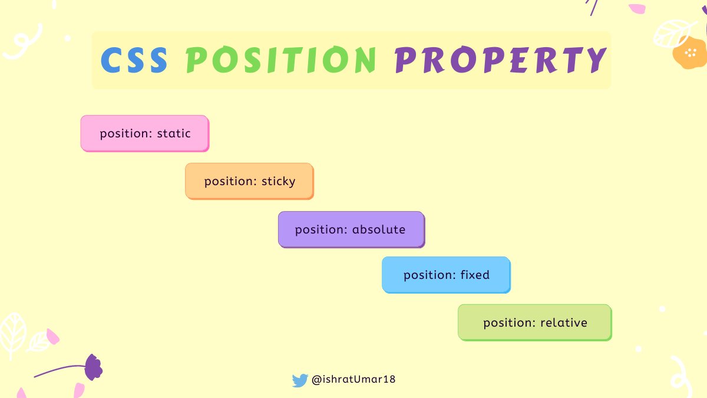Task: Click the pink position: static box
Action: [x=144, y=133]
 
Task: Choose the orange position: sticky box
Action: [x=249, y=181]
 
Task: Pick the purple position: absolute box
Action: [x=351, y=229]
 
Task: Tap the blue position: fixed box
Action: [x=446, y=275]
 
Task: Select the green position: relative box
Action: [x=534, y=323]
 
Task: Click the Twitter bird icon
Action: [x=300, y=380]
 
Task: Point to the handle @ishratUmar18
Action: [x=353, y=380]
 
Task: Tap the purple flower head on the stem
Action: [x=93, y=367]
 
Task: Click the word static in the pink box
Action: [x=174, y=134]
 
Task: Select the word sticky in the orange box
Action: [x=278, y=182]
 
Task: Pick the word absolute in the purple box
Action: [x=379, y=229]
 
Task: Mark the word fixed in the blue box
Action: [x=475, y=275]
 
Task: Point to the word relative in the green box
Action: [x=564, y=323]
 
